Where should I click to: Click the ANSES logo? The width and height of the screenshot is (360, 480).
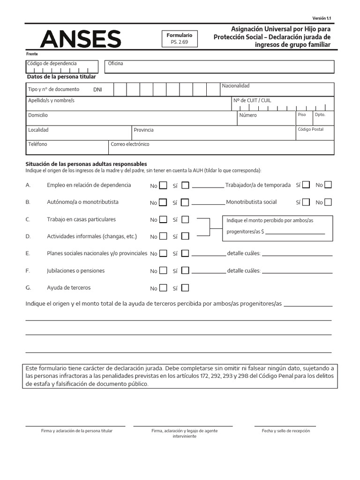pyautogui.click(x=81, y=39)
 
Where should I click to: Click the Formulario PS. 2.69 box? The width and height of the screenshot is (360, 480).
pyautogui.click(x=180, y=39)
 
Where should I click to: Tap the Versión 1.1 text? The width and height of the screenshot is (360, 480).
pyautogui.click(x=322, y=18)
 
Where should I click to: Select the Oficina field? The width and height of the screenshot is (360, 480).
pyautogui.click(x=219, y=67)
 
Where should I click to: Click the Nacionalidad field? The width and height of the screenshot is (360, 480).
pyautogui.click(x=277, y=89)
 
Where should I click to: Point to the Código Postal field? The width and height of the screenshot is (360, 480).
pyautogui.click(x=315, y=133)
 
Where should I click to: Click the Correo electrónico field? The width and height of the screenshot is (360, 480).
pyautogui.click(x=221, y=147)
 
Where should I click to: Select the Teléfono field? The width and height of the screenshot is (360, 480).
pyautogui.click(x=67, y=147)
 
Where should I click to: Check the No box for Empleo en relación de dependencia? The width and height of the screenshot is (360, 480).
pyautogui.click(x=163, y=185)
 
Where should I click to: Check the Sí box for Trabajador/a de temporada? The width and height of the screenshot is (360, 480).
pyautogui.click(x=306, y=185)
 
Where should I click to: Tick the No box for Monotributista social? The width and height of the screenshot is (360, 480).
pyautogui.click(x=328, y=202)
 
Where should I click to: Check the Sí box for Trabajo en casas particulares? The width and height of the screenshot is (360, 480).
pyautogui.click(x=185, y=219)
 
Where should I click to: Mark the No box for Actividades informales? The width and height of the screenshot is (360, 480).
pyautogui.click(x=163, y=236)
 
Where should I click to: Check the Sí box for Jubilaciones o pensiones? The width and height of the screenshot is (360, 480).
pyautogui.click(x=185, y=270)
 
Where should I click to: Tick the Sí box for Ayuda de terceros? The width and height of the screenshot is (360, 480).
pyautogui.click(x=185, y=288)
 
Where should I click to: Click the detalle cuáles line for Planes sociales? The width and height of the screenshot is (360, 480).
pyautogui.click(x=297, y=255)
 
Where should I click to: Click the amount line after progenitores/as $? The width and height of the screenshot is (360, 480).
pyautogui.click(x=295, y=232)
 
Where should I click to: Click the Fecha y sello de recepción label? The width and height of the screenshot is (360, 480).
pyautogui.click(x=285, y=431)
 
